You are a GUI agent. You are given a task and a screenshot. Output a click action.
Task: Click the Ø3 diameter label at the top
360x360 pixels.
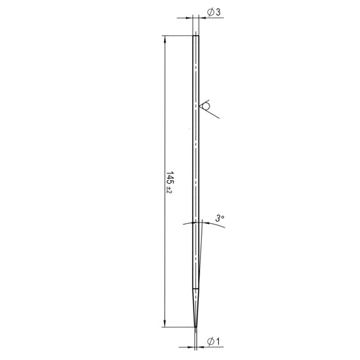click(213, 12)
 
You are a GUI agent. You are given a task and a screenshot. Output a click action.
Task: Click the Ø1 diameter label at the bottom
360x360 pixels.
click(213, 341)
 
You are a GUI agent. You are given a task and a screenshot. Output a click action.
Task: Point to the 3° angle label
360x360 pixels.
click(220, 218)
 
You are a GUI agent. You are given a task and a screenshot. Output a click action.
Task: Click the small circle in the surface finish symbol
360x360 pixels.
click(207, 106)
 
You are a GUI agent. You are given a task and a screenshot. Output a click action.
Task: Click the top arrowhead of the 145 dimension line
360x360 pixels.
click(164, 40)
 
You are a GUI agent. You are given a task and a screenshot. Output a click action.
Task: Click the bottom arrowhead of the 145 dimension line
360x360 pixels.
click(164, 323)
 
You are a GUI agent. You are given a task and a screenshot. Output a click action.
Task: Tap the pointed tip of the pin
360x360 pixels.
click(196, 327)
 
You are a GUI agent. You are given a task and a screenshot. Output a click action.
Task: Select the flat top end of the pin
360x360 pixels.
click(196, 36)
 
